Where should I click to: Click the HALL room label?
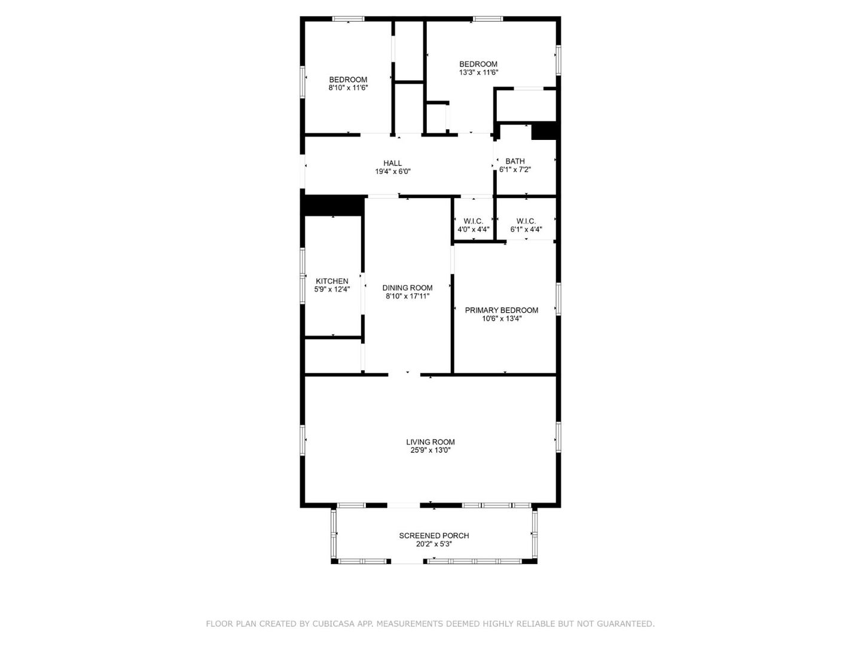392,163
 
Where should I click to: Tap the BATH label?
515,161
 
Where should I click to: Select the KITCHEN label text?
332,281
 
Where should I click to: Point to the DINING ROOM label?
407,288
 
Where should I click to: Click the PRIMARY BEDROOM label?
501,310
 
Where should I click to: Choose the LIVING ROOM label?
430,442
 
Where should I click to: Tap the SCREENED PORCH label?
434,536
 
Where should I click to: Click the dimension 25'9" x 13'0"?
430,450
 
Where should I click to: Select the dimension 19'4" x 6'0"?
392,172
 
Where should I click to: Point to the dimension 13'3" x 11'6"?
478,72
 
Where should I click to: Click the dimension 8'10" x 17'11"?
407,296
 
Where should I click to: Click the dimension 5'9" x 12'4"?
332,290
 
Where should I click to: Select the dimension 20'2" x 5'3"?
434,544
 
